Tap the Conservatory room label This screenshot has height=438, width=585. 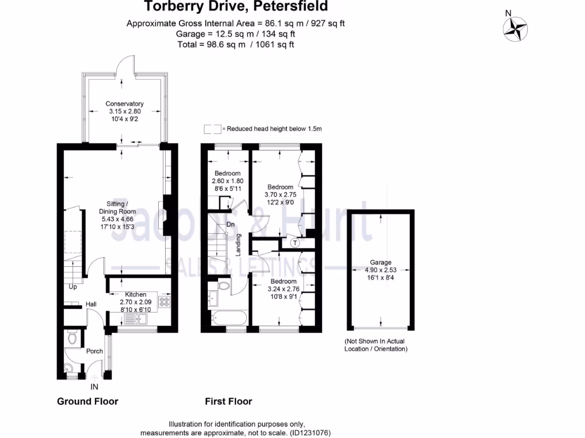pyautogui.click(x=125, y=104)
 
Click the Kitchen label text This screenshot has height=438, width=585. pyautogui.click(x=136, y=294)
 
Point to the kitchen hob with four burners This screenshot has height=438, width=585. pyautogui.click(x=165, y=302)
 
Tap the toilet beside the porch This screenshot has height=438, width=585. pyautogui.click(x=71, y=338)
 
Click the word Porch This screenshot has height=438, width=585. pyautogui.click(x=94, y=351)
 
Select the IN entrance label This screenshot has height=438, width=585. pyautogui.click(x=94, y=387)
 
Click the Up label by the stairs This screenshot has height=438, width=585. pyautogui.click(x=73, y=287)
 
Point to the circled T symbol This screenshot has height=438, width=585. pyautogui.click(x=295, y=242)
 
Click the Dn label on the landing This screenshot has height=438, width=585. pyautogui.click(x=231, y=225)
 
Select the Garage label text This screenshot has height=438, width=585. pyautogui.click(x=380, y=262)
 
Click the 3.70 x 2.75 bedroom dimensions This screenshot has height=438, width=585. pyautogui.click(x=280, y=194)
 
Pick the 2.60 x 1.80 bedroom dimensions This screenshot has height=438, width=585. pyautogui.click(x=227, y=181)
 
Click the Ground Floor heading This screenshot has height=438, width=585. pyautogui.click(x=87, y=401)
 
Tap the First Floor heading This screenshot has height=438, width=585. pyautogui.click(x=229, y=401)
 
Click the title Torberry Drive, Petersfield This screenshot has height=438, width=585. pyautogui.click(x=235, y=7)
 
